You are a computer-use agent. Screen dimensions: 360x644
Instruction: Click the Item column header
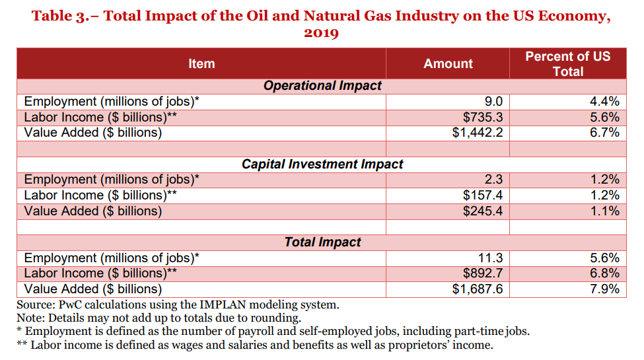tap(201, 64)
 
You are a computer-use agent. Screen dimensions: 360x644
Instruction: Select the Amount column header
tap(448, 64)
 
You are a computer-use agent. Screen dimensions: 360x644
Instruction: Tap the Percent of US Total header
tap(567, 64)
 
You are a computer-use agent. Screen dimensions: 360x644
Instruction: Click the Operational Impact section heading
tap(322, 86)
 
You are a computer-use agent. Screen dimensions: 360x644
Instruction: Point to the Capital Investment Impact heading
tap(322, 164)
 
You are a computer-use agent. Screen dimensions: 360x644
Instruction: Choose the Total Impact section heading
tap(322, 242)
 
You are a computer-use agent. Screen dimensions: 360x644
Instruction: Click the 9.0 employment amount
tap(493, 102)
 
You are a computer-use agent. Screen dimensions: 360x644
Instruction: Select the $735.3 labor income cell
tap(483, 118)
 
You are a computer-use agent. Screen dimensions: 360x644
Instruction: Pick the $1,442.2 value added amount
tap(478, 133)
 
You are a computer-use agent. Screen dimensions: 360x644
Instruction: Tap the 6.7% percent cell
tap(604, 133)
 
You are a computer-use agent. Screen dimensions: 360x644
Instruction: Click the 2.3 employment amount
tap(493, 180)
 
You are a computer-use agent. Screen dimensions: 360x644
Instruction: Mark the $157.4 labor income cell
tap(483, 196)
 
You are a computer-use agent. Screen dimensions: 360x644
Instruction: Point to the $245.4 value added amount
tap(483, 211)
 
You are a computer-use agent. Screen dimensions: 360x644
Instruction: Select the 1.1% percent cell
tap(604, 211)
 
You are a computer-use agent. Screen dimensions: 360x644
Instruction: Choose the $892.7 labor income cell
tap(483, 273)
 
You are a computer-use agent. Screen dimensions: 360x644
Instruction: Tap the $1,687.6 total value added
tap(478, 289)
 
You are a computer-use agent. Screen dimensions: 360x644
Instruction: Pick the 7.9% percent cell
tap(604, 289)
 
